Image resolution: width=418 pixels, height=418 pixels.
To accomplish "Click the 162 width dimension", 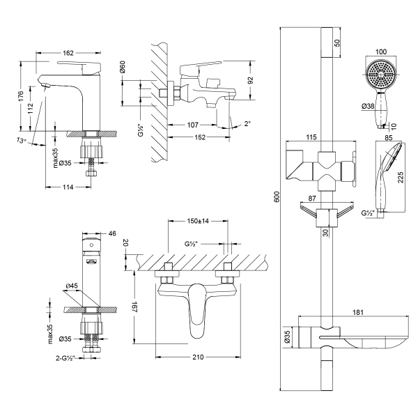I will click(x=69, y=52).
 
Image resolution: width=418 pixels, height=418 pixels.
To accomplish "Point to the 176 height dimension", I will click(x=22, y=95).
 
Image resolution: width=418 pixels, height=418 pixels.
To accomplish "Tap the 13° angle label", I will click(x=21, y=141).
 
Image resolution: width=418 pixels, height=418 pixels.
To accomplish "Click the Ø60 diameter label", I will click(x=121, y=68).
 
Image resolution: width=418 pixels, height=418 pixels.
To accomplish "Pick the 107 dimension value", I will click(x=194, y=125).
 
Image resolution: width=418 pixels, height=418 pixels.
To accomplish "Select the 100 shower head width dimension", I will click(x=380, y=52).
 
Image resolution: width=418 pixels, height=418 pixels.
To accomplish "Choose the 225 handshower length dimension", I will click(x=401, y=178).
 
